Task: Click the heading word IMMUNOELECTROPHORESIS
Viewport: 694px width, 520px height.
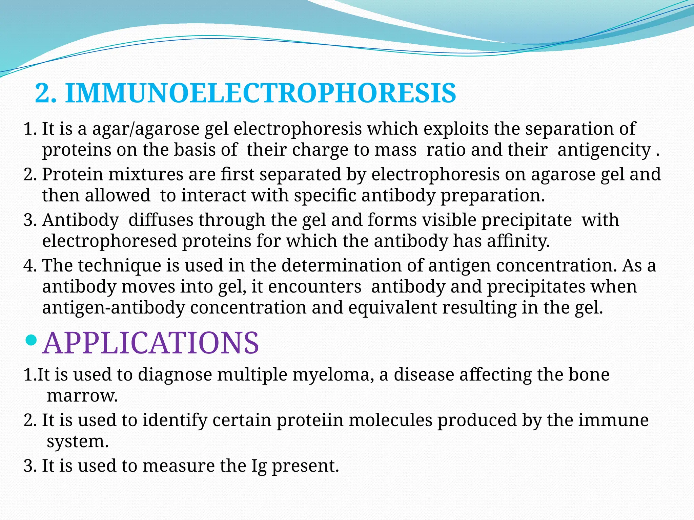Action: click(260, 93)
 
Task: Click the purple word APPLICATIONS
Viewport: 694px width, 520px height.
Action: click(151, 343)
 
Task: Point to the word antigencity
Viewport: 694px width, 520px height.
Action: click(604, 150)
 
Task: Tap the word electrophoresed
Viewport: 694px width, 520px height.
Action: click(109, 241)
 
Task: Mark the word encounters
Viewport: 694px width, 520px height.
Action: click(315, 287)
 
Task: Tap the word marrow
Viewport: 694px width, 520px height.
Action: click(82, 396)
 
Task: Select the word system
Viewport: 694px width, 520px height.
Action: click(78, 441)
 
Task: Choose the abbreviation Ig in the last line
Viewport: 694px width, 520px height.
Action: click(259, 466)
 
